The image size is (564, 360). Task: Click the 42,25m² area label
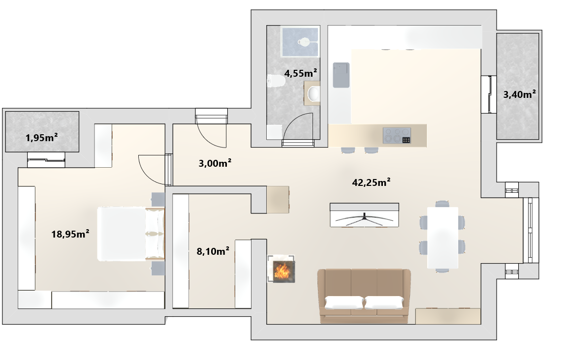coord(371,182)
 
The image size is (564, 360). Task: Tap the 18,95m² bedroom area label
coord(70,234)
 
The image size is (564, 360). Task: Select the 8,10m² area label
coord(213,251)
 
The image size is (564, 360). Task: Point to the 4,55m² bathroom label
coord(301,73)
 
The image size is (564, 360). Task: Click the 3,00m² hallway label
coord(215,163)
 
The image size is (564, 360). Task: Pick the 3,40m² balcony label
coord(519,94)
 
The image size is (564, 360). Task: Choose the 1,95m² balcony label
coord(42,138)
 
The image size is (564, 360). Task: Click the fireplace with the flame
coord(282,269)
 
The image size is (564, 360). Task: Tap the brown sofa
coord(364,296)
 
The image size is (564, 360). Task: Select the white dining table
coord(442,238)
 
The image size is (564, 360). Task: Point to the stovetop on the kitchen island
coord(397,136)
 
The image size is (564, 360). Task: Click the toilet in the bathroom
coord(276,81)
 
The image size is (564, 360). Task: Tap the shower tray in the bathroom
coord(300,42)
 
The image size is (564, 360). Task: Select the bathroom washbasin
coord(313,93)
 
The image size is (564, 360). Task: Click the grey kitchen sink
coord(341,75)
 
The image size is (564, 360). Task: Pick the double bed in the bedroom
coord(130,234)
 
